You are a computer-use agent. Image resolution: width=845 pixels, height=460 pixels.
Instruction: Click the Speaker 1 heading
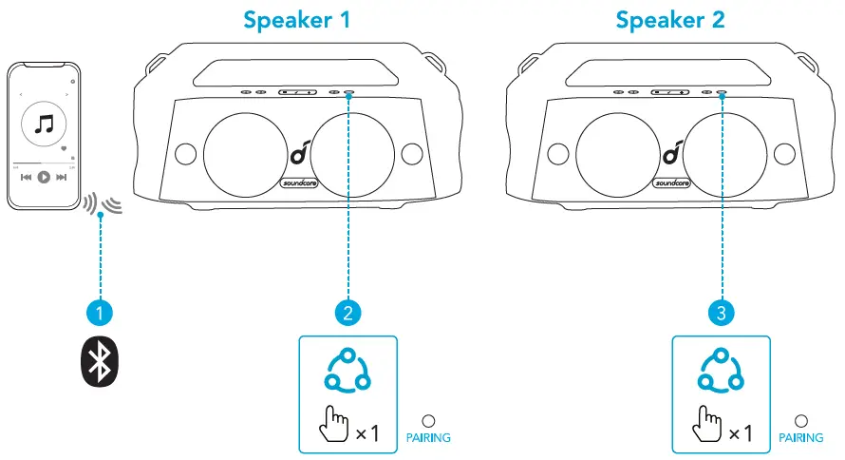(296, 19)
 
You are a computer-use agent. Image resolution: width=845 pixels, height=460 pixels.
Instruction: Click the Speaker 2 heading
(670, 19)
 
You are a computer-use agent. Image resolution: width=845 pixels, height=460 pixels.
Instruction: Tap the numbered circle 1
(100, 311)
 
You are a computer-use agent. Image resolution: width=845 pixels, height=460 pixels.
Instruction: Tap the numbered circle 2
(348, 311)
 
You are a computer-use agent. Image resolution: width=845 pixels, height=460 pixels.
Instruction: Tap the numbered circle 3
(722, 311)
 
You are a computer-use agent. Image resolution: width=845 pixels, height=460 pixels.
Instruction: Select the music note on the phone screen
(43, 124)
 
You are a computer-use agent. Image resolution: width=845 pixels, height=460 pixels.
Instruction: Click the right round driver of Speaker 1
(348, 153)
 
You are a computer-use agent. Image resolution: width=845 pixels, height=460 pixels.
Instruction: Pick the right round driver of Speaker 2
(722, 153)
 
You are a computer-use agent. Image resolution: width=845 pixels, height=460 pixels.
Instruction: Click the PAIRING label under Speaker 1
(427, 438)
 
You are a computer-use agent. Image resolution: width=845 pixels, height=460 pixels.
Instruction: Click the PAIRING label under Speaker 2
(800, 438)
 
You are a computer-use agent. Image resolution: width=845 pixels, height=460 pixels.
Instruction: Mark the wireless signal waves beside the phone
(103, 202)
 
